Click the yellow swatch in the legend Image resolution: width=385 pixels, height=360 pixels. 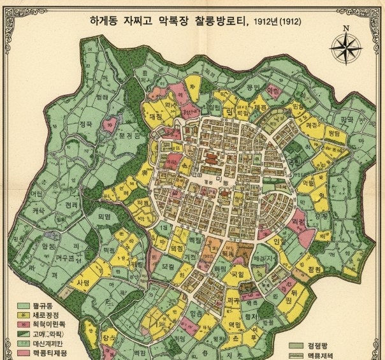pos(24,315)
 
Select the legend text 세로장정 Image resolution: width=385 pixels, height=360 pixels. pos(46,315)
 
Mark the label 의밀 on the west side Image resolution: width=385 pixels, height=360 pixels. pos(104,217)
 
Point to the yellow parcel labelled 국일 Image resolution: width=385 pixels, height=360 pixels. pos(236,275)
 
